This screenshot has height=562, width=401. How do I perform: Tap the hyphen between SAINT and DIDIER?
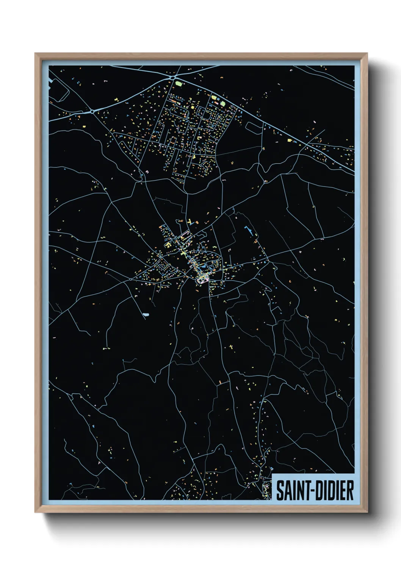tap(309, 491)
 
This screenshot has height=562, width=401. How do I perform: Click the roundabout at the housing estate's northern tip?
tap(173, 78)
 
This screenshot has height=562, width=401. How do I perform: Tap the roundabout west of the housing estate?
tap(92, 112)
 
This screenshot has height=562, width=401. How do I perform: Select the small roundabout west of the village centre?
tap(131, 279)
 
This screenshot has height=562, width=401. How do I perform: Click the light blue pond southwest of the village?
tap(146, 314)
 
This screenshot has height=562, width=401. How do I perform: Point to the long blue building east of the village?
tap(249, 230)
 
